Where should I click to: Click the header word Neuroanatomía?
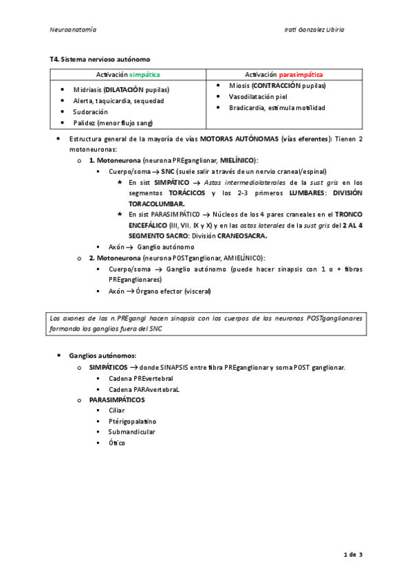[x=73, y=30]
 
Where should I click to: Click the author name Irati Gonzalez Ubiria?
[x=314, y=30]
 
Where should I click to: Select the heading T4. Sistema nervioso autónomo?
[x=99, y=60]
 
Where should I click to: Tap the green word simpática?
[x=146, y=74]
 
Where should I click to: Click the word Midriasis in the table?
[x=88, y=89]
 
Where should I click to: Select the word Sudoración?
[x=91, y=111]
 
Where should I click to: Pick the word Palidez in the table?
[x=86, y=122]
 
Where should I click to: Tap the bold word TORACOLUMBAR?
[x=156, y=203]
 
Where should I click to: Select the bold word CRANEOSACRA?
[x=242, y=236]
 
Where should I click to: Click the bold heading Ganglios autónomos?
[x=102, y=355]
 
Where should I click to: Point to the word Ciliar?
[x=117, y=410]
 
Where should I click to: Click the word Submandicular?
[x=131, y=432]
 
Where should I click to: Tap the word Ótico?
[x=117, y=443]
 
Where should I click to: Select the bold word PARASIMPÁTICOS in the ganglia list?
[x=117, y=399]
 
